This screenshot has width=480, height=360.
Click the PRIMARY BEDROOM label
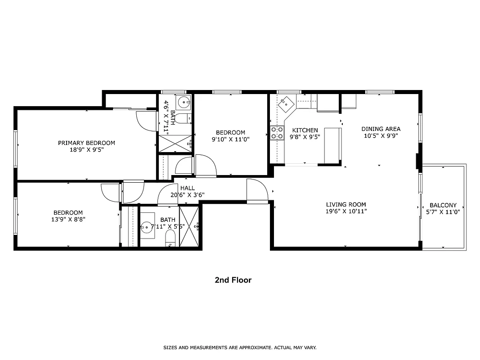(86, 143)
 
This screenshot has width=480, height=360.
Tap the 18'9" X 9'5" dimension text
(86, 150)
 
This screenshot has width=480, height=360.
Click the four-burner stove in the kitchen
(277, 133)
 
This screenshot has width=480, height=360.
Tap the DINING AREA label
(381, 129)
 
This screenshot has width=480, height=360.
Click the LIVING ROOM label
(346, 204)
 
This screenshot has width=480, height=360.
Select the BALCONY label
(443, 205)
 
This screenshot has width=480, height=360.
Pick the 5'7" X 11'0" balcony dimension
(443, 212)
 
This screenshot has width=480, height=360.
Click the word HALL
(188, 188)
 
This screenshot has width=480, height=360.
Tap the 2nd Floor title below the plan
(233, 280)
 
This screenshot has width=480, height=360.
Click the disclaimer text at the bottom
(239, 347)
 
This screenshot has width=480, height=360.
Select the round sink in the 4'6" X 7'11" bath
(184, 103)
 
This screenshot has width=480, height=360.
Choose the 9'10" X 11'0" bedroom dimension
(230, 139)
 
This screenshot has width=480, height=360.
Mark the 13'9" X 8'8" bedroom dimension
(68, 220)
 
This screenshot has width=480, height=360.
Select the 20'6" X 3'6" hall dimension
(188, 195)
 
